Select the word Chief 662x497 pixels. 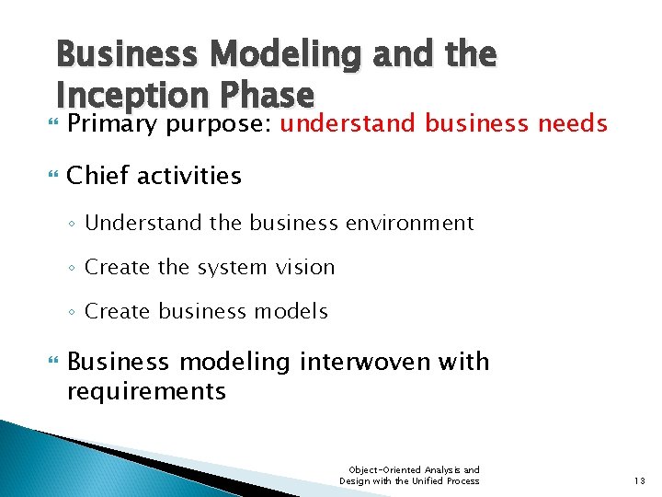coord(97,175)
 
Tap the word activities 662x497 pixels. coord(189,175)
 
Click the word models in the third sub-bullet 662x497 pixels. coord(294,312)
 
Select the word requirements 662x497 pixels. coord(146,391)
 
